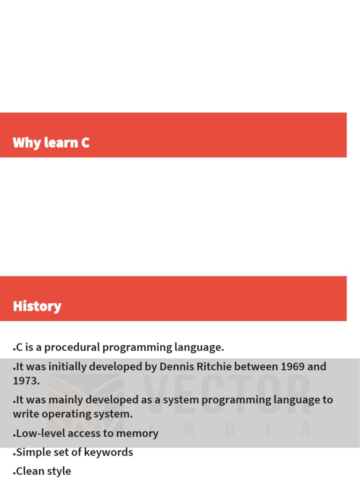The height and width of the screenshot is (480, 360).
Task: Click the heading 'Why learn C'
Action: coord(51,142)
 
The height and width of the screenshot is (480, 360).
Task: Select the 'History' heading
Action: coord(37,306)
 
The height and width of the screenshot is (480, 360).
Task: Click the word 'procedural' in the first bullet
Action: coord(72,347)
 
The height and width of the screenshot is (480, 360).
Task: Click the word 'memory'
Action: coord(139,434)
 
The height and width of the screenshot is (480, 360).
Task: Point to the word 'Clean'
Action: coord(30,471)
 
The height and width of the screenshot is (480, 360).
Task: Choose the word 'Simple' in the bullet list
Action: coord(33,452)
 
